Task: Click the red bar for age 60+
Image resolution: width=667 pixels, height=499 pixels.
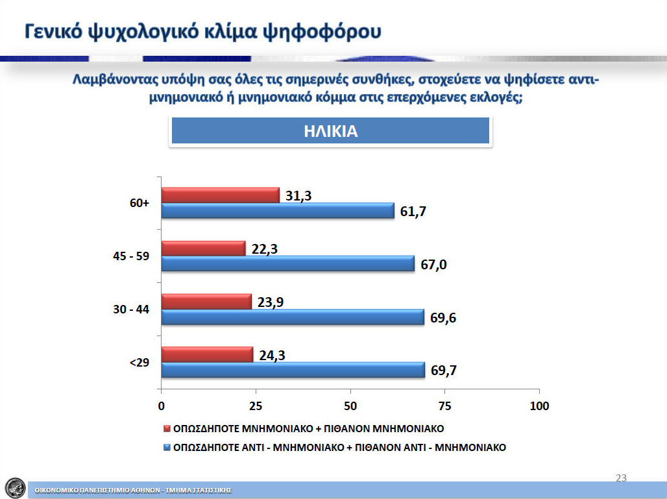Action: [221, 195]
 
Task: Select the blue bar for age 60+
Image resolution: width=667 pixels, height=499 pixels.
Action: [278, 211]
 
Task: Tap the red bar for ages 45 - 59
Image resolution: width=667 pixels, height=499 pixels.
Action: [203, 249]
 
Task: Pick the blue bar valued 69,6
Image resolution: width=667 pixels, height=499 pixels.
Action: [293, 317]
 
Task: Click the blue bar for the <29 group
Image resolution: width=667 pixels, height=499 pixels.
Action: [293, 370]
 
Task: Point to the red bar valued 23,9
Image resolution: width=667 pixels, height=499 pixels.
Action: [206, 302]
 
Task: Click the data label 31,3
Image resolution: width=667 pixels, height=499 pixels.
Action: [298, 196]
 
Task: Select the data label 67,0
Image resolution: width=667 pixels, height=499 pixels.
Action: [433, 265]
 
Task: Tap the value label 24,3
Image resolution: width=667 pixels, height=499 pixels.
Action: [273, 355]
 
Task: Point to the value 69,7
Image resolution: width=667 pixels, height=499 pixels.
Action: [444, 371]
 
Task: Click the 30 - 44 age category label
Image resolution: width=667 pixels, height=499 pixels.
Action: [131, 310]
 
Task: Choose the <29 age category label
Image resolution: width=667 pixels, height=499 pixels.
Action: [139, 363]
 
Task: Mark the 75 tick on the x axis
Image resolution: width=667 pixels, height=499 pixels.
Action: [445, 406]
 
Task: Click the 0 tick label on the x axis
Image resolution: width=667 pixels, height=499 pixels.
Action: [161, 406]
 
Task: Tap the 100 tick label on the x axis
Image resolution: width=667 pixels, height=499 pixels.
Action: [539, 406]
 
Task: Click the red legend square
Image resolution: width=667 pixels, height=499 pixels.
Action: [167, 428]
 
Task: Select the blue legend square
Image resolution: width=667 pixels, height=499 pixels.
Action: [167, 448]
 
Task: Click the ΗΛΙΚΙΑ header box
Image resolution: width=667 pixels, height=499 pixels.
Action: [330, 131]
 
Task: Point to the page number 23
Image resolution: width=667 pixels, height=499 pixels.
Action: [621, 478]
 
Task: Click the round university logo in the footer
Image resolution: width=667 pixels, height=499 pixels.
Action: [16, 487]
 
